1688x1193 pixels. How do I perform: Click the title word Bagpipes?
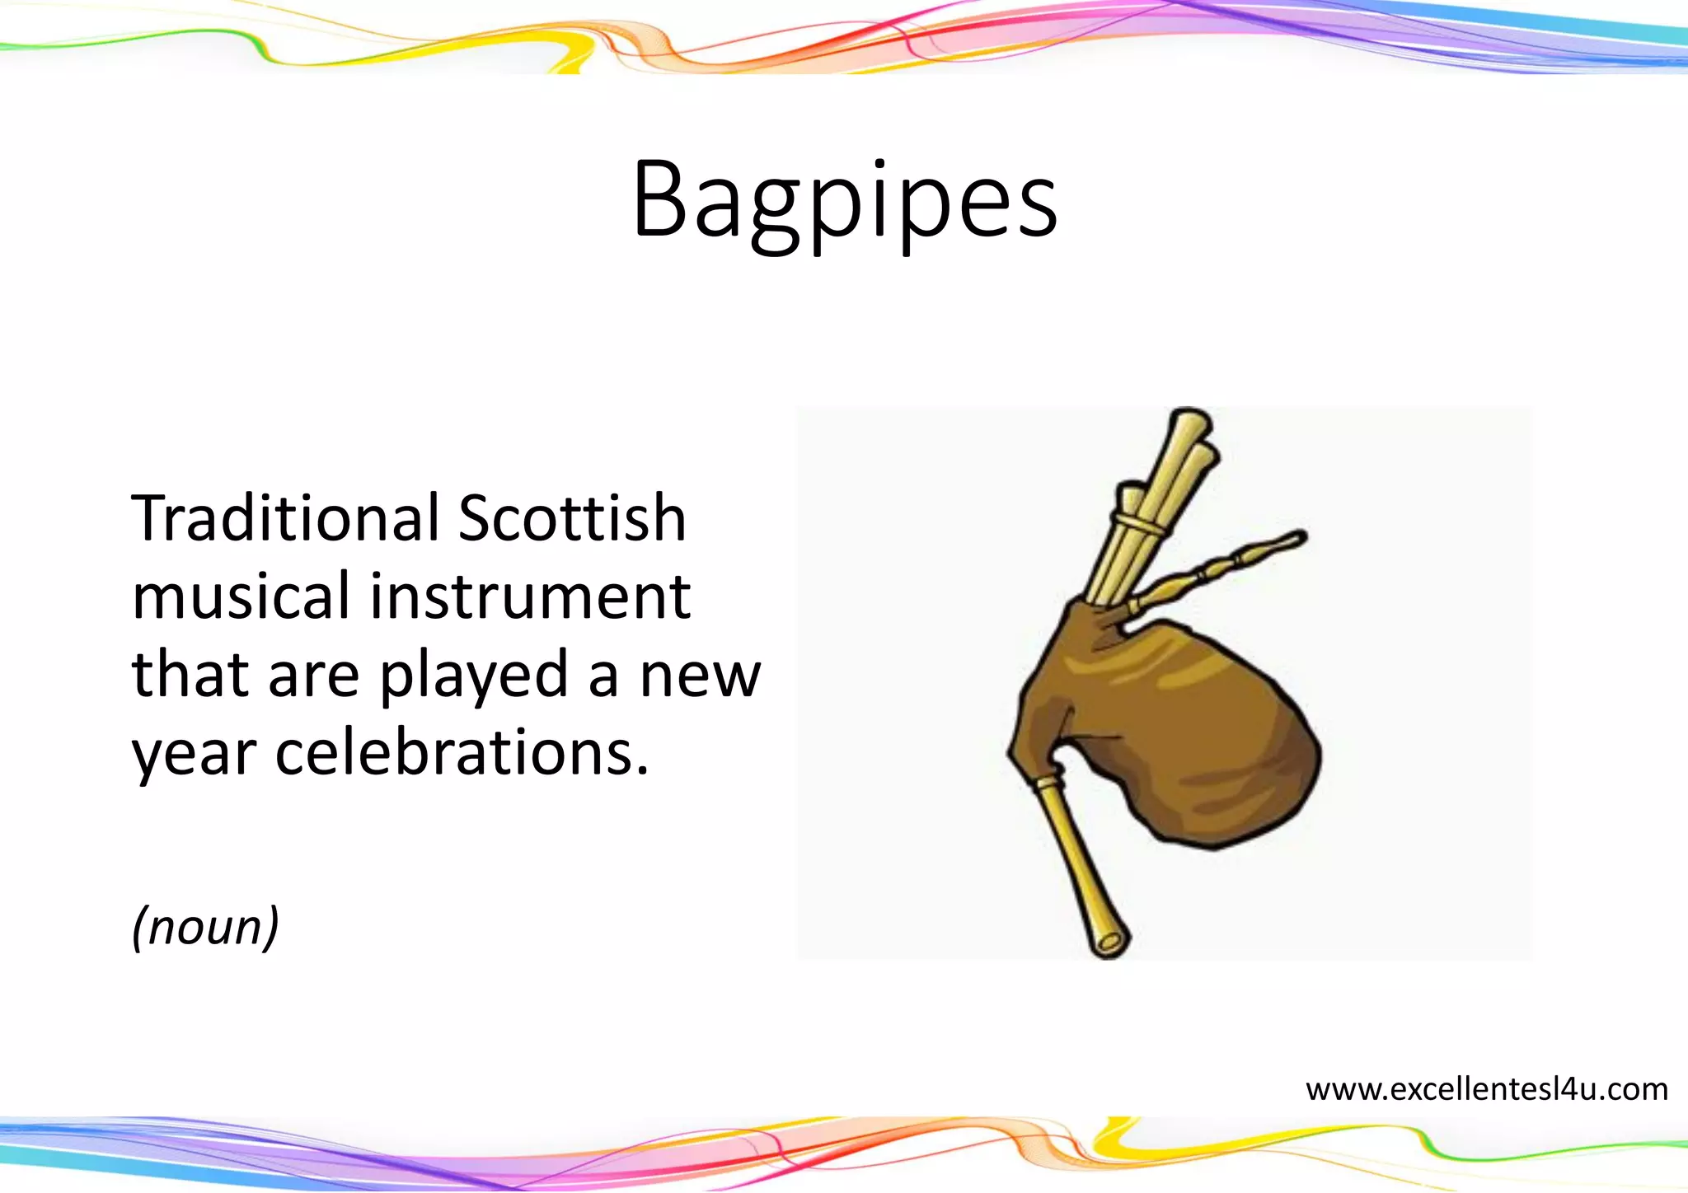point(845,200)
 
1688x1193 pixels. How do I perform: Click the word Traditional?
point(285,518)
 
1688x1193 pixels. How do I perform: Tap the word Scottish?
point(571,518)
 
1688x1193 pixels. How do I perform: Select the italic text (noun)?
point(205,927)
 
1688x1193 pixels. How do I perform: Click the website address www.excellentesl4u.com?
point(1487,1089)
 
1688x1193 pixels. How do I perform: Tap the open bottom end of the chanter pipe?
point(1110,942)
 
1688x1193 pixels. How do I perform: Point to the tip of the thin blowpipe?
point(1298,537)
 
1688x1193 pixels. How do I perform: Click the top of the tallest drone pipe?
point(1189,419)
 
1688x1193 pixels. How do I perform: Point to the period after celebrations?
point(642,773)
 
